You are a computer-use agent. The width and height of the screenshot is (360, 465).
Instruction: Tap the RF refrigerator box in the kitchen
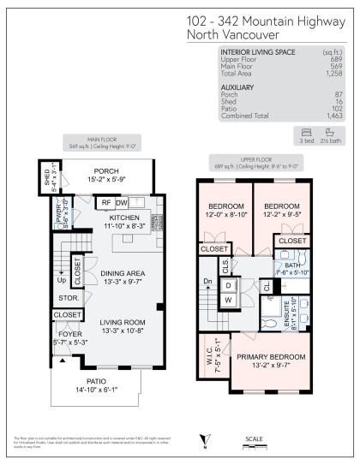point(105,202)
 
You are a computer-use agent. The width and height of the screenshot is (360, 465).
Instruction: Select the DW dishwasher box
point(122,202)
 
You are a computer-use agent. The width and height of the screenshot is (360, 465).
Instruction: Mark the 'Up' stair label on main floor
point(59,279)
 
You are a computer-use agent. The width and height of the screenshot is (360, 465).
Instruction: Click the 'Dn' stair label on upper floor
point(207,281)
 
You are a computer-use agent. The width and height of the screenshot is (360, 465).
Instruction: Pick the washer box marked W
point(229,300)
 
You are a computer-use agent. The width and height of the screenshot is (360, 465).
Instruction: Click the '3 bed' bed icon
point(306,133)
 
